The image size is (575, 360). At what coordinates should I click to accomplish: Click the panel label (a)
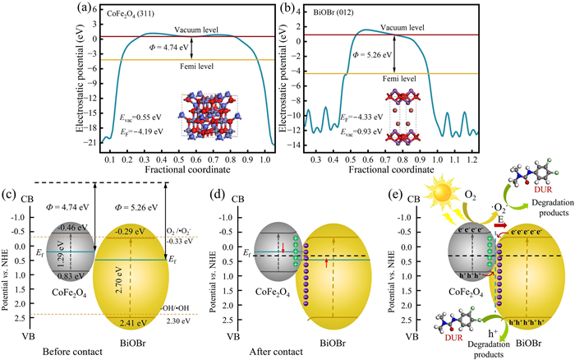[59, 11]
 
